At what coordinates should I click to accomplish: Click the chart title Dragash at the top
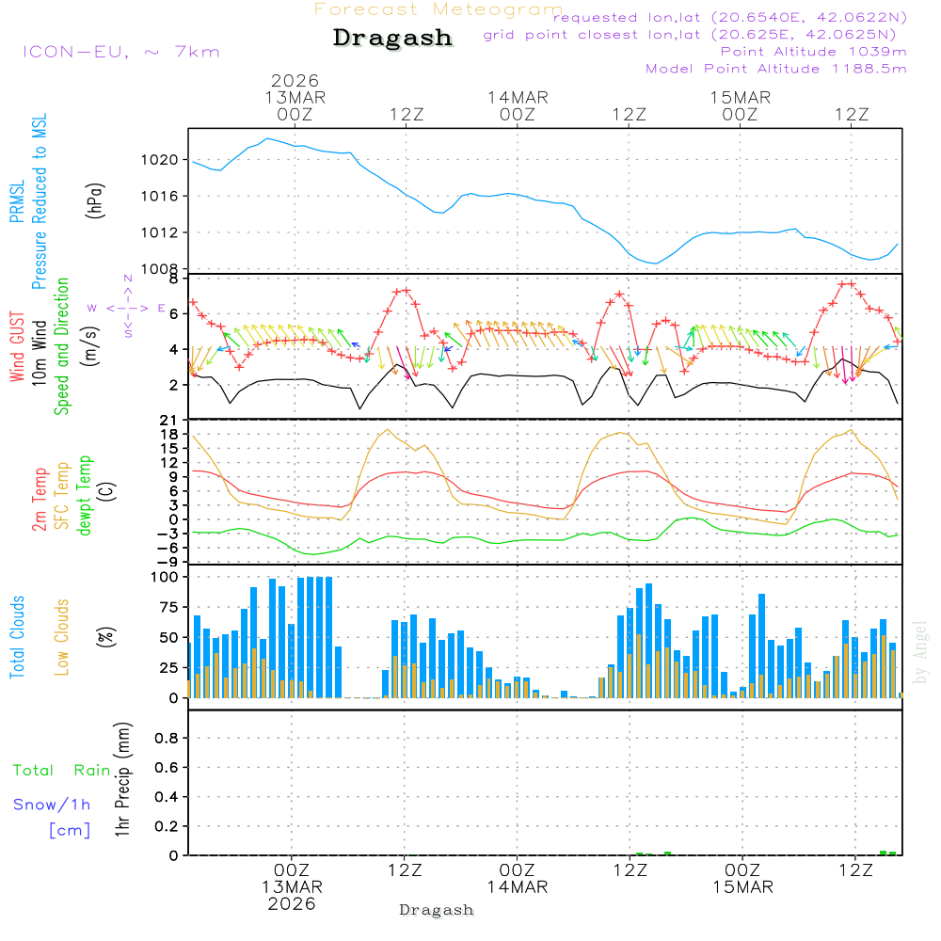[392, 39]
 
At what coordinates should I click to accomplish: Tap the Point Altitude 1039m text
[813, 52]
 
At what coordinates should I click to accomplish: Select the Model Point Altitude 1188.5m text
[775, 69]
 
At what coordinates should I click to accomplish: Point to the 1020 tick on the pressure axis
[161, 160]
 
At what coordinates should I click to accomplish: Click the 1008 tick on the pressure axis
[161, 269]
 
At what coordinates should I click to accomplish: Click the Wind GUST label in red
[17, 345]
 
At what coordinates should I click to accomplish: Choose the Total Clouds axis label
[17, 637]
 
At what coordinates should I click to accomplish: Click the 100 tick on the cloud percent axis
[164, 577]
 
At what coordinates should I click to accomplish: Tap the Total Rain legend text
[61, 771]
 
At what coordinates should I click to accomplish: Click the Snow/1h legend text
[52, 805]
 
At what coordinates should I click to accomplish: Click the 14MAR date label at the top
[517, 98]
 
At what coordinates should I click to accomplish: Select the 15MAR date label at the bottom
[742, 887]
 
